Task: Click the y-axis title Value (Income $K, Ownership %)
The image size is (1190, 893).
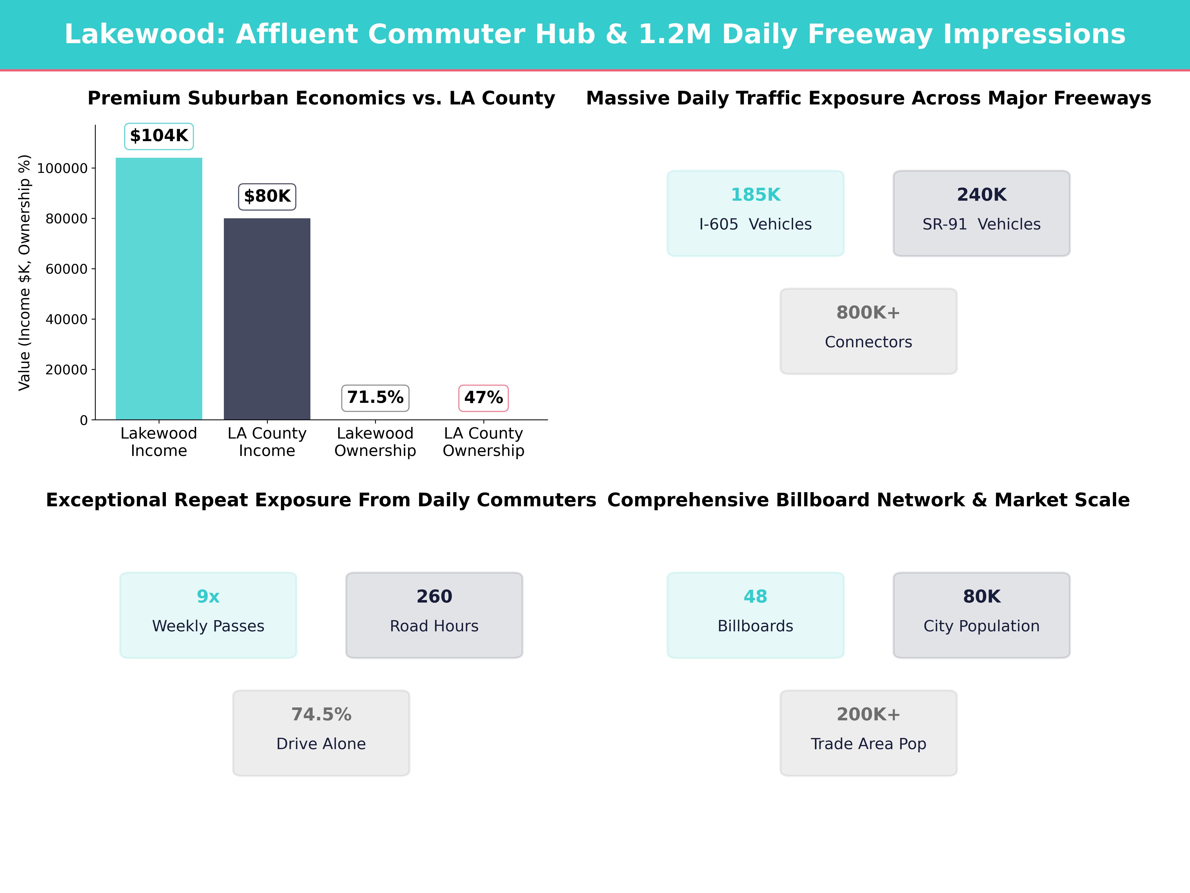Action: coord(24,272)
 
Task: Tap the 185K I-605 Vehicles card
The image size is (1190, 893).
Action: coord(755,213)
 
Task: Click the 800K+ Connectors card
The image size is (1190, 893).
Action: coord(868,331)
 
